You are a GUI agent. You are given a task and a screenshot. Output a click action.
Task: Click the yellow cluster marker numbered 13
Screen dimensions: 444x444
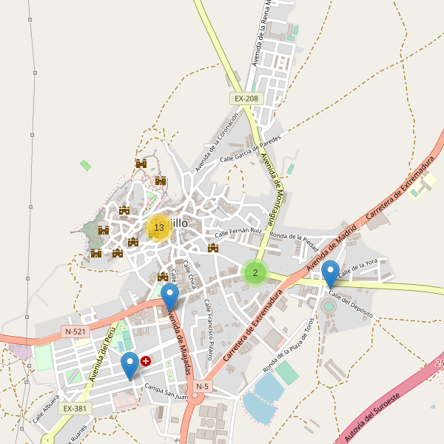(x=158, y=227)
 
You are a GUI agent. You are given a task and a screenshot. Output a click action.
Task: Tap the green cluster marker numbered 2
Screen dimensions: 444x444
(x=255, y=273)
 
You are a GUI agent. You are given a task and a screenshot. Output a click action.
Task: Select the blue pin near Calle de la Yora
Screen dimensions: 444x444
(x=330, y=273)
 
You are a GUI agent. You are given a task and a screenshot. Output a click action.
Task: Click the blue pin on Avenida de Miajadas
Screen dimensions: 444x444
(x=170, y=297)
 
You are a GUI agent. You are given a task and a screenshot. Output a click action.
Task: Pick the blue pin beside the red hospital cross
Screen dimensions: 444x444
(x=130, y=365)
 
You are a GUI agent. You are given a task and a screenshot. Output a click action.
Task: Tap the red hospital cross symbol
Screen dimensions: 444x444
(x=145, y=361)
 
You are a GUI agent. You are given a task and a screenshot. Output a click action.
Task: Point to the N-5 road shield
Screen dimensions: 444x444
(x=203, y=386)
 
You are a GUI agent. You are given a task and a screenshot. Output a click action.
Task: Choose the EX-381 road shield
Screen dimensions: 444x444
(x=75, y=408)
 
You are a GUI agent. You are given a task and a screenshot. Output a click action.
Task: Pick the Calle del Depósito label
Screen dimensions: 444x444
(x=351, y=304)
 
